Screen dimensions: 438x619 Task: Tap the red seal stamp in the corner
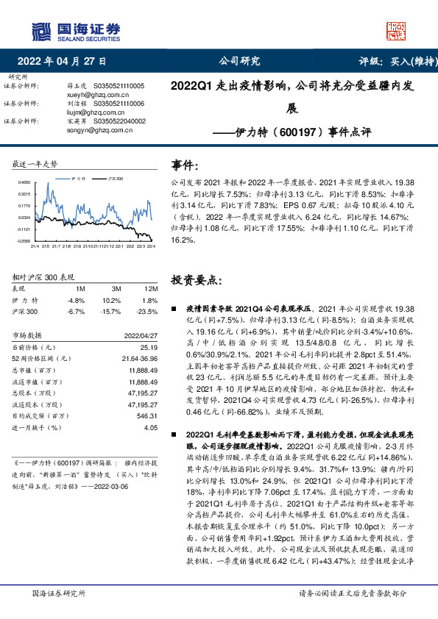tap(396, 29)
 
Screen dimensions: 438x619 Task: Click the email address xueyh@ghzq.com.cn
tap(91, 96)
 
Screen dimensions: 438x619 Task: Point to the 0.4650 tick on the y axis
tap(24, 182)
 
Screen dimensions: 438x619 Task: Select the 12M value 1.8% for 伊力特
tap(151, 300)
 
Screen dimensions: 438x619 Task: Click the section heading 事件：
tap(185, 165)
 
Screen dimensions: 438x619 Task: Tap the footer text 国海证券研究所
tap(55, 593)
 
